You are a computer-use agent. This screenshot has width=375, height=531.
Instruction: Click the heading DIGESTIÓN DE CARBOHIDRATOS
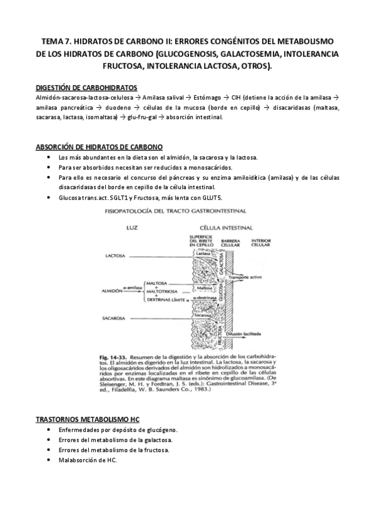pos(87,88)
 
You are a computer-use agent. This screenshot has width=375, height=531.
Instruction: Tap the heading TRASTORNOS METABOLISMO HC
pos(88,418)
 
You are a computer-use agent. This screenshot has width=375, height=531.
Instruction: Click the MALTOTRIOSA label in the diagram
pos(162,291)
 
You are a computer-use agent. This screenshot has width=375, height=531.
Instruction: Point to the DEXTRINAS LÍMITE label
pos(165,299)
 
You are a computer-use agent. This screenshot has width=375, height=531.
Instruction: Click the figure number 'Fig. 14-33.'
pos(119,354)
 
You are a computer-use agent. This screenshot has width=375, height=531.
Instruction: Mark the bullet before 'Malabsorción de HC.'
pos(49,460)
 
